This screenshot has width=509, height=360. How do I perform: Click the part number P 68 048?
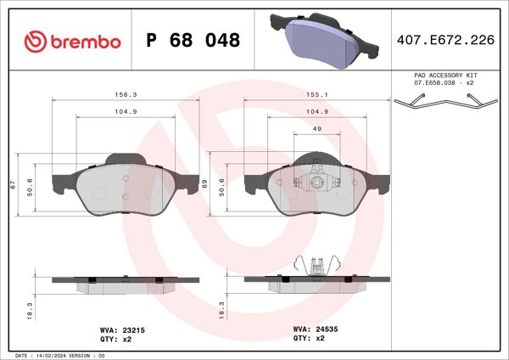click(x=193, y=41)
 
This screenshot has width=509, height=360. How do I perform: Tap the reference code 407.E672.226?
click(x=446, y=39)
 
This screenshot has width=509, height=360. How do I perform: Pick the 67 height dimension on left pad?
click(x=14, y=183)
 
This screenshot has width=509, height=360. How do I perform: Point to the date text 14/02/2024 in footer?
click(x=51, y=355)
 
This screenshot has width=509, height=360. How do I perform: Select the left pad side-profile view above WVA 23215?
click(x=126, y=281)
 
